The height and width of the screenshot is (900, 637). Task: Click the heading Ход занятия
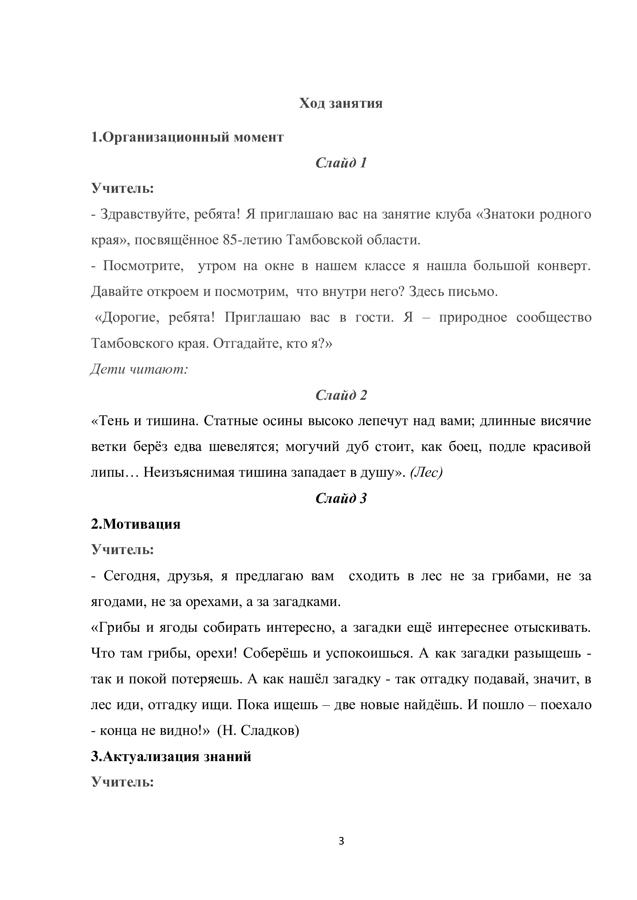click(341, 103)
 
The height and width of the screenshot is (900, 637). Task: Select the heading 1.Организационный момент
click(187, 137)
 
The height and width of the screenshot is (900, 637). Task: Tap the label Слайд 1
click(341, 163)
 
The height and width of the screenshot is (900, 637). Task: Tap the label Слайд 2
click(341, 395)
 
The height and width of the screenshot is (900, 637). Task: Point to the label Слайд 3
click(341, 499)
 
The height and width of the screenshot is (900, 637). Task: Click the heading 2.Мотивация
click(136, 524)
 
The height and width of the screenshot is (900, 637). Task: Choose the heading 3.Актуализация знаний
click(171, 756)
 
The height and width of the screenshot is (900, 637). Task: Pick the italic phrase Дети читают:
click(140, 369)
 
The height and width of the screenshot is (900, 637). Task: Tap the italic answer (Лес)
click(426, 473)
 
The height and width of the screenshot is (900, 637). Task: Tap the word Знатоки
click(506, 214)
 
